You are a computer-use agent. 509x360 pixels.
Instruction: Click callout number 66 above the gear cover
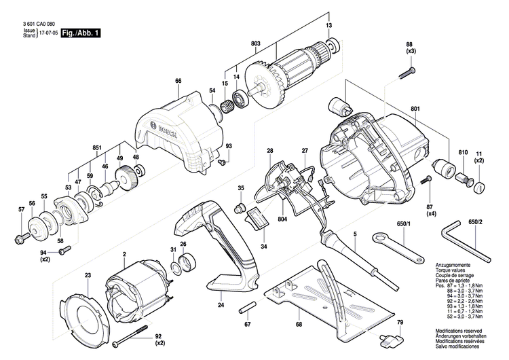178,82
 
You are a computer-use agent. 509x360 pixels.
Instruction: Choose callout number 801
415,107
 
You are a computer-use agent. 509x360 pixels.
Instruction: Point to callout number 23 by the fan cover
88,275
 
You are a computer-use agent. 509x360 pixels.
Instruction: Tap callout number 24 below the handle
221,305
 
